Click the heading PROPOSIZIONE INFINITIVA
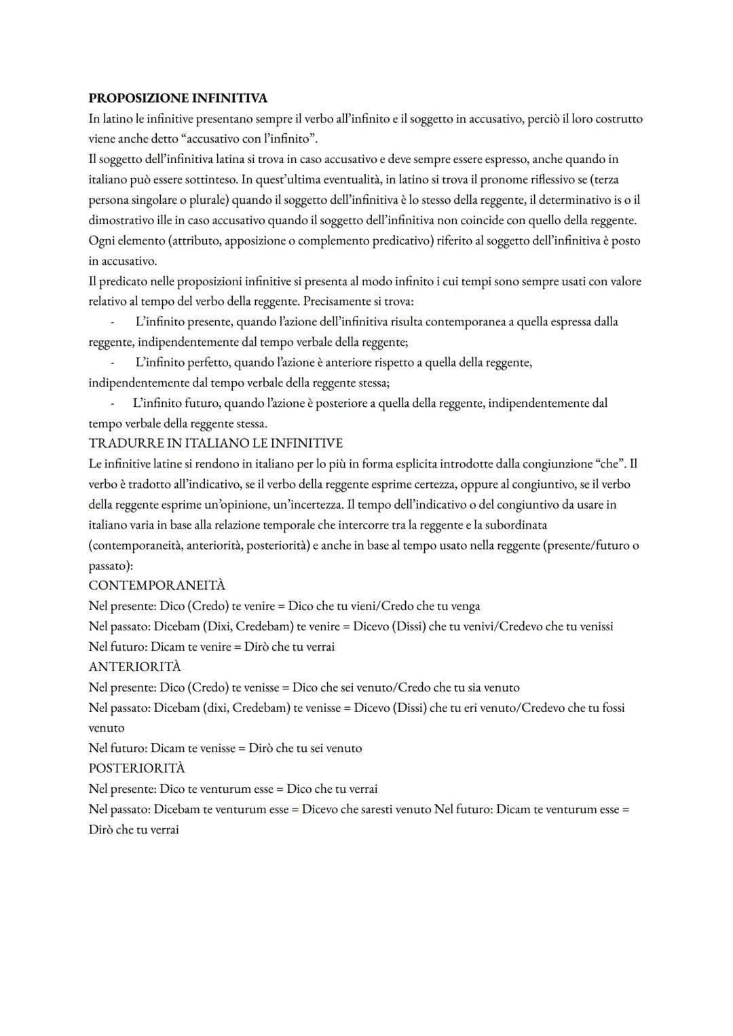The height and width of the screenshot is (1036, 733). point(178,99)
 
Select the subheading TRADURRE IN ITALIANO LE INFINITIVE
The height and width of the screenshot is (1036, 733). point(215,444)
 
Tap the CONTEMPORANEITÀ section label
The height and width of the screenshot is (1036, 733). point(157,586)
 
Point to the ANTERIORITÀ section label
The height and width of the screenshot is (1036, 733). point(134,667)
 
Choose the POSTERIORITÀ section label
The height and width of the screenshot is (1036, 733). point(136,768)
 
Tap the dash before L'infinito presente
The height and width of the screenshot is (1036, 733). point(113,322)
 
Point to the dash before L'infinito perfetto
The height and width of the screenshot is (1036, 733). point(113,363)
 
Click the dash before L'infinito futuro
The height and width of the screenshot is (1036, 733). point(113,404)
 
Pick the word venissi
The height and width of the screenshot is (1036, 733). point(593,626)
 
